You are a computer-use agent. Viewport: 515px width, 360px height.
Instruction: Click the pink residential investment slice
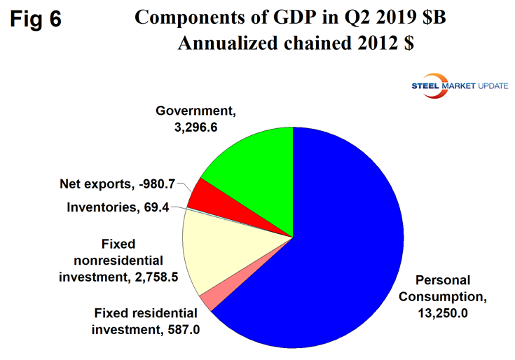208,302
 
